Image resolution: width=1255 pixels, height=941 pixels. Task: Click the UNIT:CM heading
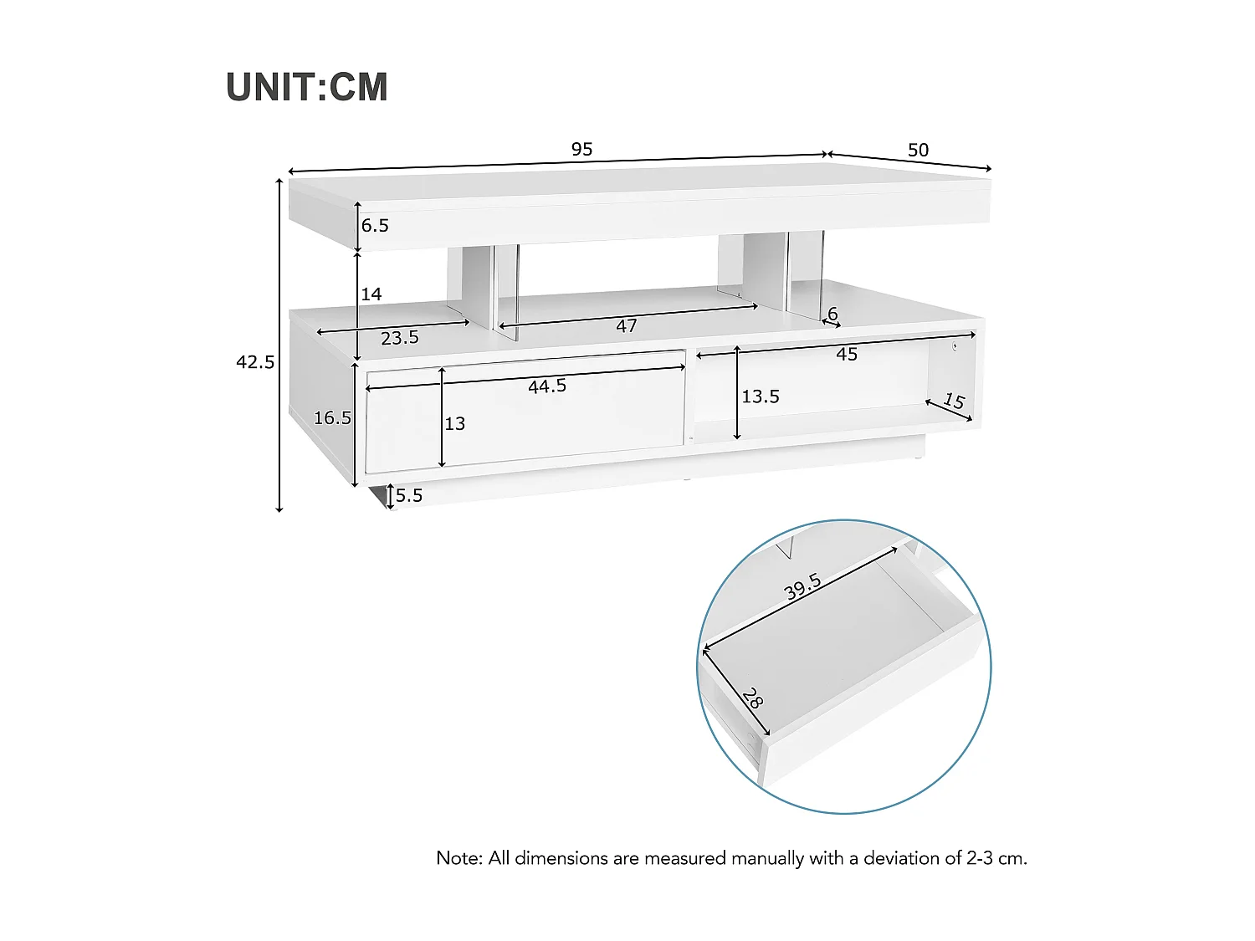coord(307,88)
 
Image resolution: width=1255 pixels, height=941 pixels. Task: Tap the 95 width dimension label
coord(581,150)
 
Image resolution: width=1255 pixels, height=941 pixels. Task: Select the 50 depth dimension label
coord(918,151)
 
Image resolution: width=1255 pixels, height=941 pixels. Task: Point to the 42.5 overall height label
coord(255,362)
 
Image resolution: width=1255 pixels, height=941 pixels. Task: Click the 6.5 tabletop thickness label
coord(375,226)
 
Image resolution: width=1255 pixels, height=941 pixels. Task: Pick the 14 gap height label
coord(371,294)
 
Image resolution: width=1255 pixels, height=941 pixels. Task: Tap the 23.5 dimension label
coord(400,339)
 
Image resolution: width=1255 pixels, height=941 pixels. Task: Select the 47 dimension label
coord(627,326)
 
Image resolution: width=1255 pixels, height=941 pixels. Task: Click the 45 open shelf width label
coord(847,355)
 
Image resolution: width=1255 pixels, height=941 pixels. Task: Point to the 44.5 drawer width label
coord(547,386)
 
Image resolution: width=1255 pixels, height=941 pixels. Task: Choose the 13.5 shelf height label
coord(761,396)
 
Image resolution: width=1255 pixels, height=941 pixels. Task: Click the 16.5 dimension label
coord(332,418)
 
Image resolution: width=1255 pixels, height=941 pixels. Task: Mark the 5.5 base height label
coord(409,495)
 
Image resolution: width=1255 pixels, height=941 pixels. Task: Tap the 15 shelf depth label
coord(954,401)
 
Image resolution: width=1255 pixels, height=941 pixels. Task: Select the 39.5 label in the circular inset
coord(802,587)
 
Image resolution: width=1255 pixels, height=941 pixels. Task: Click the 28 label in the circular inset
coord(752,698)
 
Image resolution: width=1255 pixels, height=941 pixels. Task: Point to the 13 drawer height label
coord(455,424)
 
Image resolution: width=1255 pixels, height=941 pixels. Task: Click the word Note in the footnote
coord(458,858)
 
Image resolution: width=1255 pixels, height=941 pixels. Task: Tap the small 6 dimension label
coord(832,314)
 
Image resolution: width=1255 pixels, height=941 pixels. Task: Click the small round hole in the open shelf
coord(955,346)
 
